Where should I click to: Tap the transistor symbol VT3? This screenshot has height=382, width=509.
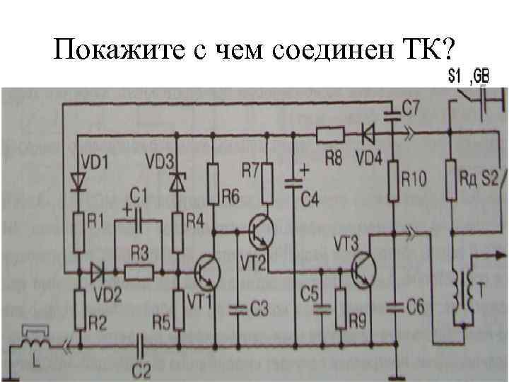tap(365, 270)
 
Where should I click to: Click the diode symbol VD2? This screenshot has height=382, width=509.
tap(98, 271)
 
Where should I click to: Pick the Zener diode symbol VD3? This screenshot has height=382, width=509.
tap(175, 180)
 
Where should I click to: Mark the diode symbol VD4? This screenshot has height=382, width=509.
tap(367, 132)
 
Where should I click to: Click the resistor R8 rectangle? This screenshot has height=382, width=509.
tap(330, 133)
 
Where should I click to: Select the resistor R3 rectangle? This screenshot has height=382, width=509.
tap(137, 271)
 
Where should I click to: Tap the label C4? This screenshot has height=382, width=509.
tap(309, 200)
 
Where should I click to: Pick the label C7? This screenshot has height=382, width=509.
tap(411, 108)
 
